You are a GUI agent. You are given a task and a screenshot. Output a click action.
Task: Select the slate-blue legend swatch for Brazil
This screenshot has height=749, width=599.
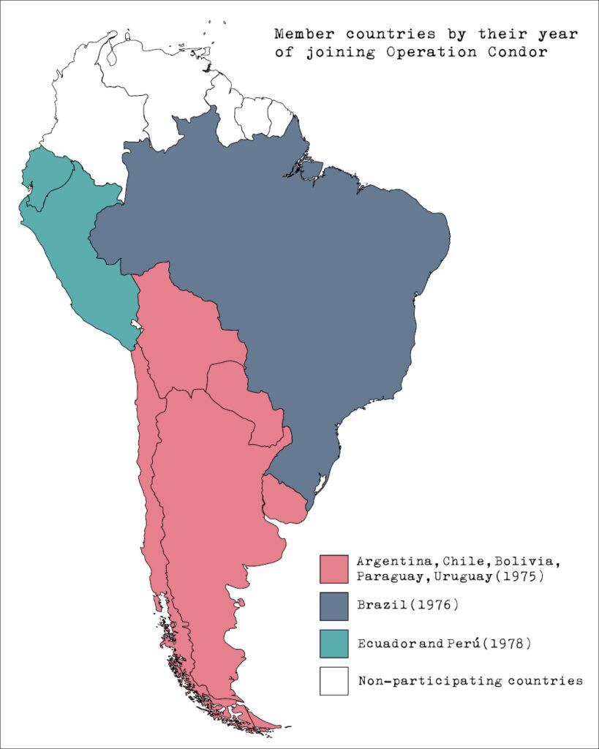point(334,606)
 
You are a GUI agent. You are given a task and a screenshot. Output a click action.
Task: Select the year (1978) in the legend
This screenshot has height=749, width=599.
point(505,644)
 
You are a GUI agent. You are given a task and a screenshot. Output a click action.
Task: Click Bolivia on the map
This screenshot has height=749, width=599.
point(187,329)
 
